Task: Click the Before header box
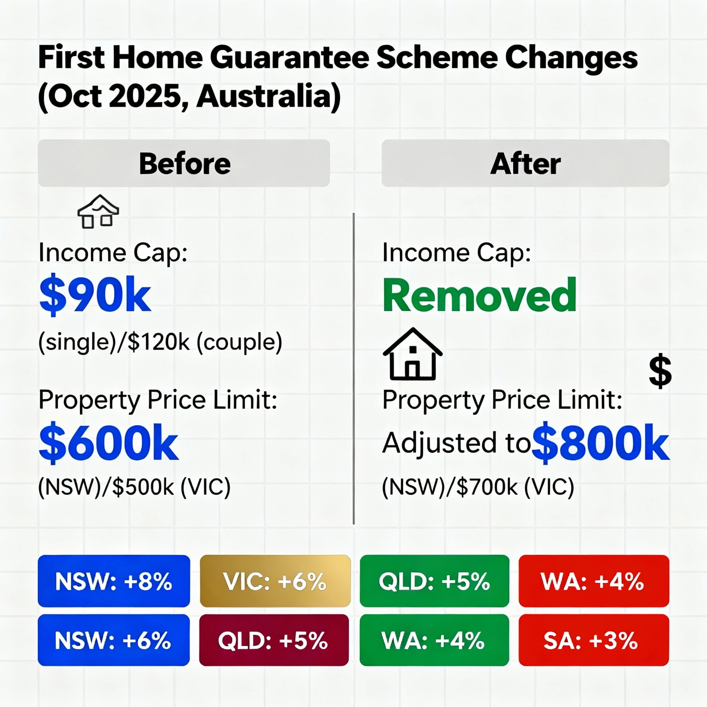[184, 163]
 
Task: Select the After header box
[525, 163]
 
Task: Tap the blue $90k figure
[95, 295]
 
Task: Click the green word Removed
[480, 295]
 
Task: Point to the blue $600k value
[109, 443]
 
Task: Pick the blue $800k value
[601, 443]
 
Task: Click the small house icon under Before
[98, 212]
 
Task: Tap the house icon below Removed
[413, 354]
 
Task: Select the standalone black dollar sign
[660, 371]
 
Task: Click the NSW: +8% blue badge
[114, 581]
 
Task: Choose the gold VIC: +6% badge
[275, 581]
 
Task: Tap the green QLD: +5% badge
[434, 581]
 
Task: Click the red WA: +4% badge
[594, 581]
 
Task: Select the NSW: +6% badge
[114, 640]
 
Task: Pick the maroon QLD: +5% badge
[274, 640]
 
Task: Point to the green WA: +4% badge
[434, 640]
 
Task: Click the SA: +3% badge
[594, 640]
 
